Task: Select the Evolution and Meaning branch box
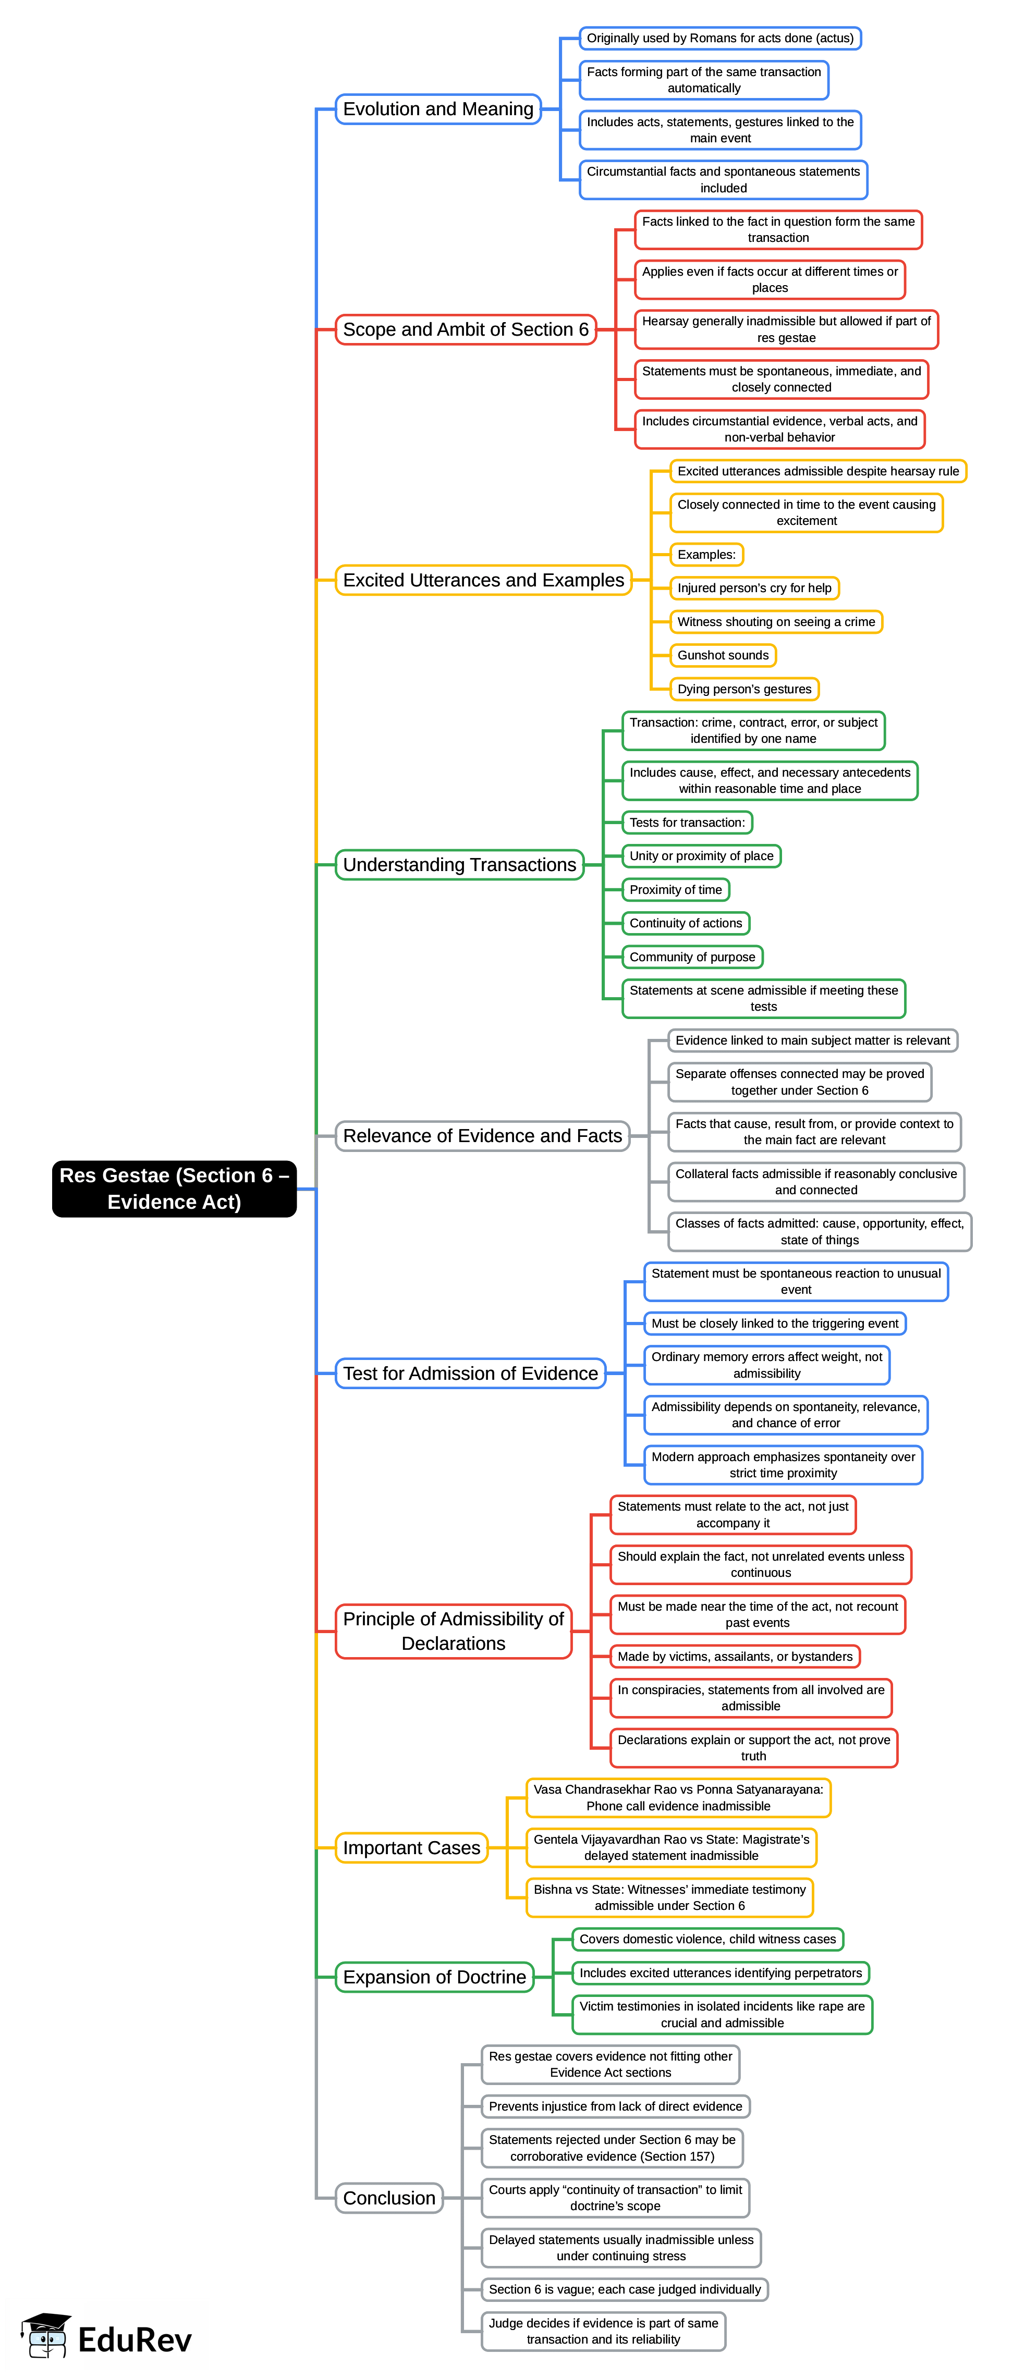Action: click(438, 109)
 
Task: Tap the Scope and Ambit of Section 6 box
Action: click(466, 329)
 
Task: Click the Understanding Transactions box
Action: click(459, 864)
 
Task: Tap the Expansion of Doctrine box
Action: click(434, 1977)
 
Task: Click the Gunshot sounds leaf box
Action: click(723, 655)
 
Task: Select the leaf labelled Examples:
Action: click(706, 555)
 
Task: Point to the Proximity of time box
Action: click(676, 890)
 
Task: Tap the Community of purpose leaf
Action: click(692, 957)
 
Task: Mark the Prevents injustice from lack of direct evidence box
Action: click(615, 2106)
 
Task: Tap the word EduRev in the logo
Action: click(135, 2340)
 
